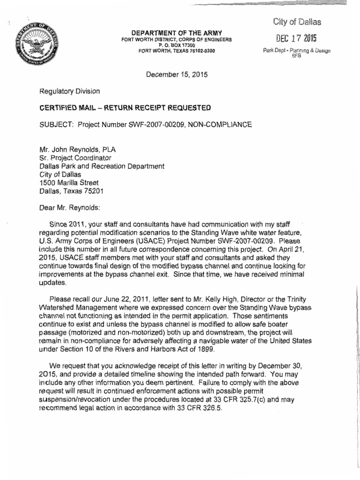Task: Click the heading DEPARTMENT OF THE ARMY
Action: coord(174,32)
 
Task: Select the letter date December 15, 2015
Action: coord(177,75)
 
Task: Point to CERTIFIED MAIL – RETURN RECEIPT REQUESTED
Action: coord(125,108)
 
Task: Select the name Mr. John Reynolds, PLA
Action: coord(77,150)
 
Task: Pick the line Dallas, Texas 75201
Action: coord(71,191)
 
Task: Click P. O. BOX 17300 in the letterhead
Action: coord(174,45)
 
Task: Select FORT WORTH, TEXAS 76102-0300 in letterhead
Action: coord(174,51)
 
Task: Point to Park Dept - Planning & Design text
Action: coord(297,51)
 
